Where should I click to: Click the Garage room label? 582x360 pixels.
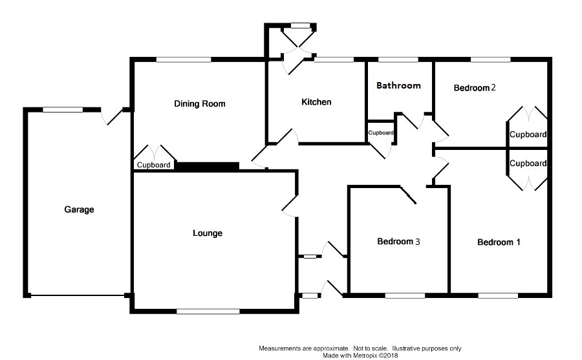click(79, 209)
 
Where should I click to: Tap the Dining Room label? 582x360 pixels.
click(199, 103)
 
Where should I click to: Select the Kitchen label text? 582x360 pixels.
click(316, 102)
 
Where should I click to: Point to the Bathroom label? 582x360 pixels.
click(398, 85)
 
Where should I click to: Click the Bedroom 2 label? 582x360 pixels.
click(474, 88)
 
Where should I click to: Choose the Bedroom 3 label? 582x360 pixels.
click(399, 242)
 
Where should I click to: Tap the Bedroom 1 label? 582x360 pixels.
click(499, 242)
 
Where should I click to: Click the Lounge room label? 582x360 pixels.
click(208, 233)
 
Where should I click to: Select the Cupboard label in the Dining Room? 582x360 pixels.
click(154, 165)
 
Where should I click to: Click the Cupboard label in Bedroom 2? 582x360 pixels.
click(528, 135)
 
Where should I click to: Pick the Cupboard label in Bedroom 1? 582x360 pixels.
click(528, 164)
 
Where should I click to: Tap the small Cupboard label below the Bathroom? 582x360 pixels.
click(381, 132)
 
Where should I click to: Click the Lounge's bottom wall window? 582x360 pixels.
click(208, 312)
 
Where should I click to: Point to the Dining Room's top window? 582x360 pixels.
click(183, 60)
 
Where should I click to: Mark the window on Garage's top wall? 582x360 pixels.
click(63, 110)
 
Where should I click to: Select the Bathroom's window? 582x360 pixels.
click(398, 60)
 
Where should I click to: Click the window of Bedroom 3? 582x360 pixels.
click(405, 296)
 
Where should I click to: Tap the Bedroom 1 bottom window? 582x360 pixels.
click(498, 296)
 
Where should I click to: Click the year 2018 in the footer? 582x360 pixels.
click(387, 355)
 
